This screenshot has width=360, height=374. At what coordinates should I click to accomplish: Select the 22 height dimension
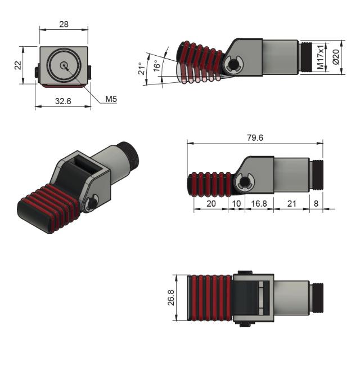click(x=17, y=65)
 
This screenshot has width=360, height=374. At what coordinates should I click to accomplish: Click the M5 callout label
click(x=111, y=99)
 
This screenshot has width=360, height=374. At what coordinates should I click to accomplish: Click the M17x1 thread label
click(x=320, y=57)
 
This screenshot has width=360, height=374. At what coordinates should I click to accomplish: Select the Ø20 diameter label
click(x=336, y=57)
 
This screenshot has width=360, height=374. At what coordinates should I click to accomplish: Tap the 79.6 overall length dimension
click(x=254, y=137)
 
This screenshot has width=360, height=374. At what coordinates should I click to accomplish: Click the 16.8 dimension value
click(x=259, y=203)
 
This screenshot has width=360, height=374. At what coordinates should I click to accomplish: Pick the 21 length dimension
click(x=291, y=203)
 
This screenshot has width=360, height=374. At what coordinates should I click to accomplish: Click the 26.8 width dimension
click(x=171, y=298)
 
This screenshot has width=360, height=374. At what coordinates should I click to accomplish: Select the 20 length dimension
click(x=210, y=203)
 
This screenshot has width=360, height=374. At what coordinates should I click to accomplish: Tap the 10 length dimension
click(x=236, y=203)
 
